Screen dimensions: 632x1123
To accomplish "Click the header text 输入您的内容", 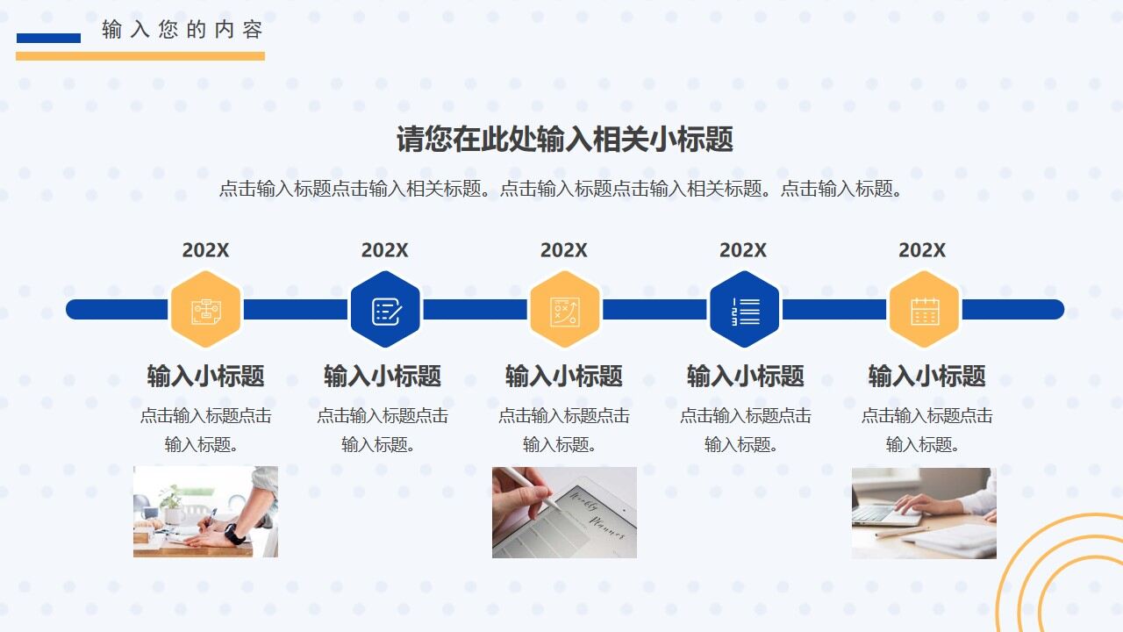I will coord(182,30).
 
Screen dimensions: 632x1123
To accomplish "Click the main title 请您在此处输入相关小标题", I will coord(564,140).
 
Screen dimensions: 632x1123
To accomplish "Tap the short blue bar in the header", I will coord(48,38).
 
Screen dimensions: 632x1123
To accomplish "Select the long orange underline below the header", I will coord(140,56).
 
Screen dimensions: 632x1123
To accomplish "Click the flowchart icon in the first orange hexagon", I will coord(205,310).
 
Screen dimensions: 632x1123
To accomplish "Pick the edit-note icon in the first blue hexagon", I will coord(385,310).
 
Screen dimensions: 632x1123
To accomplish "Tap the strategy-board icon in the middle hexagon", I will coord(564,310).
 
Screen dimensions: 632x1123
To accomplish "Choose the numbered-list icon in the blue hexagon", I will coord(744,310).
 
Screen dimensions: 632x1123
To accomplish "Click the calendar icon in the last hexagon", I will coord(924,310).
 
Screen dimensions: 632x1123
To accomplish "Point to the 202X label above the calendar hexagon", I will coord(921,250).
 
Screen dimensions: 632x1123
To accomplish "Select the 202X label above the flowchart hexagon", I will coord(205,250).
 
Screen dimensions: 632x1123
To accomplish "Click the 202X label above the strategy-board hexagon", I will coord(563,250).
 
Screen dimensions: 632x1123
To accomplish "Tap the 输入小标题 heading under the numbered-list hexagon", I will coord(745,377).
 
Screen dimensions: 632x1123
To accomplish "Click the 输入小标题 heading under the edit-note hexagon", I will coord(383,377).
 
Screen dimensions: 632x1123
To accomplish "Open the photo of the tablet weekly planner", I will coord(564,512).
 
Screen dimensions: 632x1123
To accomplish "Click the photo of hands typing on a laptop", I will coord(924,513).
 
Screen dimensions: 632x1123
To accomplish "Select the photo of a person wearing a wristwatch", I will coord(205,511).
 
